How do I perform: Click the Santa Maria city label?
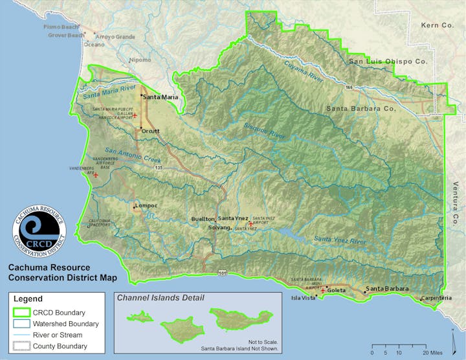point(161,97)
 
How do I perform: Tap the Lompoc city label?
point(146,206)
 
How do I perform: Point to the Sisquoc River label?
point(265,131)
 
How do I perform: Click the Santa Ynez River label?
point(340,240)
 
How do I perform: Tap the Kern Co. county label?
point(438,25)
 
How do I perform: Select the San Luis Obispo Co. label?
point(388,62)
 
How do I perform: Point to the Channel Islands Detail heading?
point(159,298)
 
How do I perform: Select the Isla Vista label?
point(303,298)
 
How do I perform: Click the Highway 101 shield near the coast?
point(222,273)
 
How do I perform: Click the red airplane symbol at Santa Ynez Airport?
point(250,223)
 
